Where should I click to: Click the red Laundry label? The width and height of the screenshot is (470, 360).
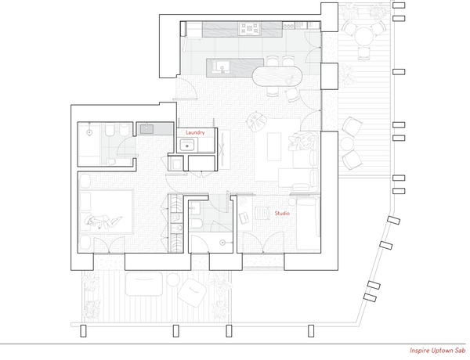coord(195,132)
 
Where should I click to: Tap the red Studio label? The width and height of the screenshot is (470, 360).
coord(282,213)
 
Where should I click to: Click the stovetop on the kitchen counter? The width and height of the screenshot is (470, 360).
coord(249,29)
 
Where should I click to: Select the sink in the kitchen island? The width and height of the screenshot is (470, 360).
coord(222,67)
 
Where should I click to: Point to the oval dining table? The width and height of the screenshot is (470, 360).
coord(277,76)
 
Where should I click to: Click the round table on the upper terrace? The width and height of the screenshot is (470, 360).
coord(363,36)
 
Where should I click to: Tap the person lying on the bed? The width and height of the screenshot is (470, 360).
coord(103,221)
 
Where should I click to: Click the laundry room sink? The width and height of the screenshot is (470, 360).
coord(187,146)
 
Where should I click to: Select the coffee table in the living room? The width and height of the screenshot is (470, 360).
coord(274,147)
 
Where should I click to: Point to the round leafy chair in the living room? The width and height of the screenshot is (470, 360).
coord(257,121)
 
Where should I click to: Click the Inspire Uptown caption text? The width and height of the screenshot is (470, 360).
coord(437,351)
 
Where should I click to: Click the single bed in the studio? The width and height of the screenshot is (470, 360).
coord(308,223)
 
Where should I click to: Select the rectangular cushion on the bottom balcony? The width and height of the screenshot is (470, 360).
coord(144,283)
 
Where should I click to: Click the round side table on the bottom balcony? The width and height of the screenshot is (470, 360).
coord(173,279)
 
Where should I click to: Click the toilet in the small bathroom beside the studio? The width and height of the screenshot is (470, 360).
coord(197,223)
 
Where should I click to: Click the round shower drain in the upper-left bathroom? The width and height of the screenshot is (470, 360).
coord(89,132)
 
